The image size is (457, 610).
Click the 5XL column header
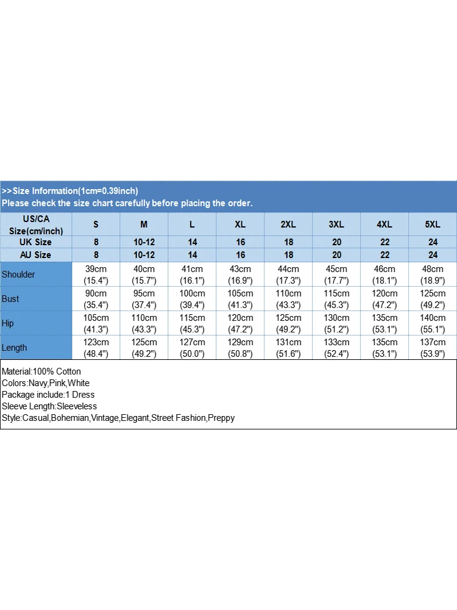[x=433, y=224]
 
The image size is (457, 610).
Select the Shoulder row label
[x=18, y=274]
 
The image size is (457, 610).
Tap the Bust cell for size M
[x=144, y=299]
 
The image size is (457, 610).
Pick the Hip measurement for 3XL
[x=336, y=323]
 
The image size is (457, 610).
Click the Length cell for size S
[x=96, y=348]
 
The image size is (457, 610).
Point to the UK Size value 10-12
[x=144, y=242]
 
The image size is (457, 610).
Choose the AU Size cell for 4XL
[x=384, y=255]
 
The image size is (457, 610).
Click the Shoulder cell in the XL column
[x=240, y=274]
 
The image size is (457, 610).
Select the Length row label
[x=15, y=348]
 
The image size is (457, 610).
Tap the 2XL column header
[x=288, y=224]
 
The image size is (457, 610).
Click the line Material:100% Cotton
[x=41, y=371]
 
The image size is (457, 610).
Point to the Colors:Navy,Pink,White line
[x=46, y=383]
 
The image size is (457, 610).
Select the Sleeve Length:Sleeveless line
[x=49, y=406]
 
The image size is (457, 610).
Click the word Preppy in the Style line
[x=221, y=418]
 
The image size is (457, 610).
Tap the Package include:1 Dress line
[x=48, y=395]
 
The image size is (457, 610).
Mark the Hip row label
[x=7, y=323]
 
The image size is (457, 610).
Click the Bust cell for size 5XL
[x=433, y=299]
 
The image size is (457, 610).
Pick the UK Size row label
[x=35, y=242]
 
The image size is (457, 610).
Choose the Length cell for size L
[x=192, y=348]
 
